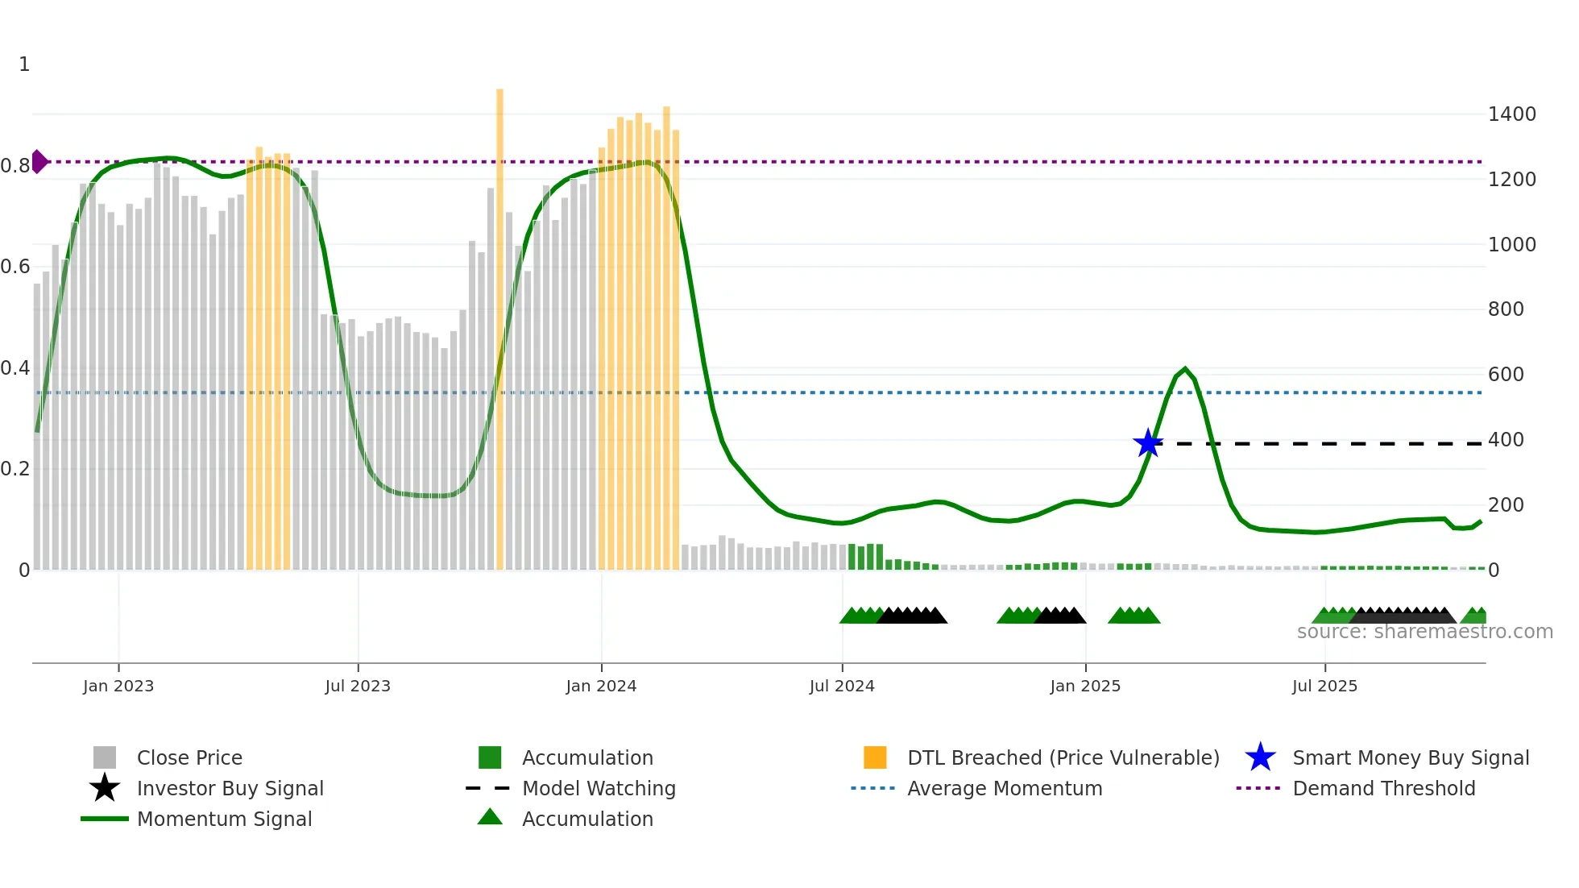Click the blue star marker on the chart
click(1147, 443)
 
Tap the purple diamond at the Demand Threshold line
click(39, 161)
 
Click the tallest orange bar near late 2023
click(499, 322)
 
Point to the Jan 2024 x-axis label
click(601, 686)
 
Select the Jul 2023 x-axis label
click(358, 686)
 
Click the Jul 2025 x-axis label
click(1324, 686)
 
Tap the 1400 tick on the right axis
click(1511, 114)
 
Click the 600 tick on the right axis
click(1506, 375)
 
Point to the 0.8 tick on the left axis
click(15, 166)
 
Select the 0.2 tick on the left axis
click(15, 469)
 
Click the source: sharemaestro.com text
click(1424, 632)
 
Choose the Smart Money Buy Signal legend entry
click(1410, 757)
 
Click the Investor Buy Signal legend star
click(105, 788)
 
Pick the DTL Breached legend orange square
click(875, 757)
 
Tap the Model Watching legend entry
click(598, 788)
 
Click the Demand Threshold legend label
click(1383, 788)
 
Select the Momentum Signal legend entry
click(224, 819)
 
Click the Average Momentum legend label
click(1004, 788)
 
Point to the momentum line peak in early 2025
click(1184, 369)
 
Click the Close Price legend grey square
click(105, 757)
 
